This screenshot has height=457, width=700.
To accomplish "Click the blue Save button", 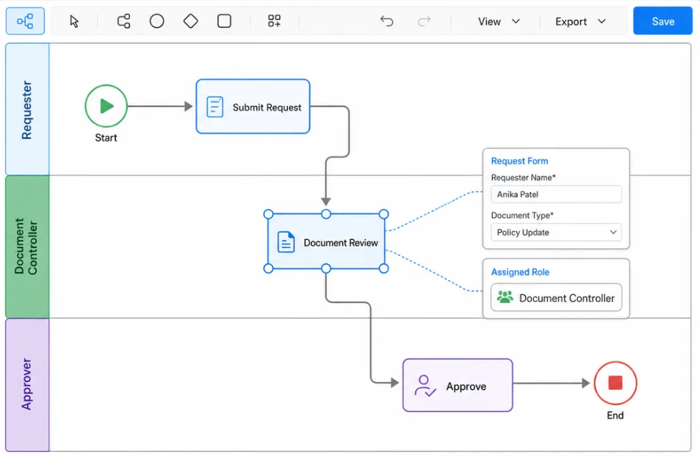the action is click(x=663, y=21).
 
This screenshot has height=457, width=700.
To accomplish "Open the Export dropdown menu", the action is click(x=580, y=21).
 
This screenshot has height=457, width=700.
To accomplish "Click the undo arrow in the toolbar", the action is click(x=386, y=21).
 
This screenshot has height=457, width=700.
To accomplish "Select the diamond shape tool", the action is click(x=191, y=21).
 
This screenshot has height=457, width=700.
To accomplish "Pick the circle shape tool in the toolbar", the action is click(x=156, y=21).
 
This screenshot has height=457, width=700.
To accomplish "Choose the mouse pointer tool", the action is click(x=74, y=21).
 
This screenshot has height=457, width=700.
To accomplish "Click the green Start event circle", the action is click(x=106, y=106).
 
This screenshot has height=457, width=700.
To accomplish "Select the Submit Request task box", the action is click(x=253, y=106).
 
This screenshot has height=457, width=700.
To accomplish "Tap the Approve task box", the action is click(x=458, y=386).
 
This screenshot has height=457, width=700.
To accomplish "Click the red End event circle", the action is click(x=615, y=383).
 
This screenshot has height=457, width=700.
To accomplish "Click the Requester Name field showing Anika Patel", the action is click(x=556, y=194).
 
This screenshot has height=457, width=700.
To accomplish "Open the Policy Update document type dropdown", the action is click(x=556, y=232).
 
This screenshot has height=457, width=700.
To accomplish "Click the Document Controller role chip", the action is click(x=556, y=298).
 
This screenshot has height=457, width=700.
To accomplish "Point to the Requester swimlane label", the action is click(x=27, y=110).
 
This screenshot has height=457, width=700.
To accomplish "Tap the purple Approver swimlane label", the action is click(x=27, y=384).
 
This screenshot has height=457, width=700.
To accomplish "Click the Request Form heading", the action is click(x=519, y=161).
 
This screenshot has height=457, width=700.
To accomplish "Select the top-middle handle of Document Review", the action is click(x=326, y=214).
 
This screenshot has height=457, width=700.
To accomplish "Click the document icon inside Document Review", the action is click(x=286, y=242).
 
